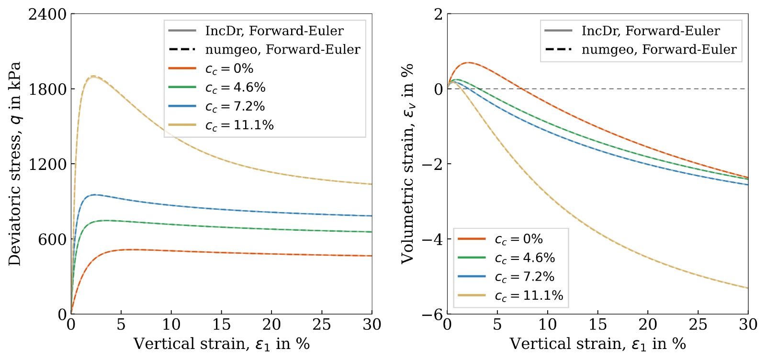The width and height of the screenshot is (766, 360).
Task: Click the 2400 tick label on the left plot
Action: tap(47, 14)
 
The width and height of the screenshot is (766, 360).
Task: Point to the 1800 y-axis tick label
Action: tap(47, 89)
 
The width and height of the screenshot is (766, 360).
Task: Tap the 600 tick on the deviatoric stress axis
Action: tap(52, 239)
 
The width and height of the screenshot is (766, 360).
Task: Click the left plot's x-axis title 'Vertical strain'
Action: tap(222, 344)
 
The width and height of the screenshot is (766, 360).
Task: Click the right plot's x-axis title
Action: tap(598, 344)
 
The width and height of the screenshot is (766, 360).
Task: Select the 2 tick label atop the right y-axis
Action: tap(438, 14)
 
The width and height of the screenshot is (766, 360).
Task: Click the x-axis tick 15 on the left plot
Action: tap(221, 324)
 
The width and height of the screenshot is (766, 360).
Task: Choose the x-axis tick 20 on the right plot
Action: tap(648, 324)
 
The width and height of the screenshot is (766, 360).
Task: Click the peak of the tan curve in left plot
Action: tap(93, 76)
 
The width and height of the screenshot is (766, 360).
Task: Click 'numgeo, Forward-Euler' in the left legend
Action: tap(283, 50)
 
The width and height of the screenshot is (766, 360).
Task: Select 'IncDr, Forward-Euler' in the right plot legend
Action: tap(651, 31)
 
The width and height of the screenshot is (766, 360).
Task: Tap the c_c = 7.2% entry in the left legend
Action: tap(235, 107)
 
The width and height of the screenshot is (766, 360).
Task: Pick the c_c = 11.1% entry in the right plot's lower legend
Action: tap(529, 295)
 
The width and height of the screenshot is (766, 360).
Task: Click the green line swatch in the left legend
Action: tap(182, 87)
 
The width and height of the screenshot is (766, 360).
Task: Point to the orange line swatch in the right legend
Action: tap(472, 238)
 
